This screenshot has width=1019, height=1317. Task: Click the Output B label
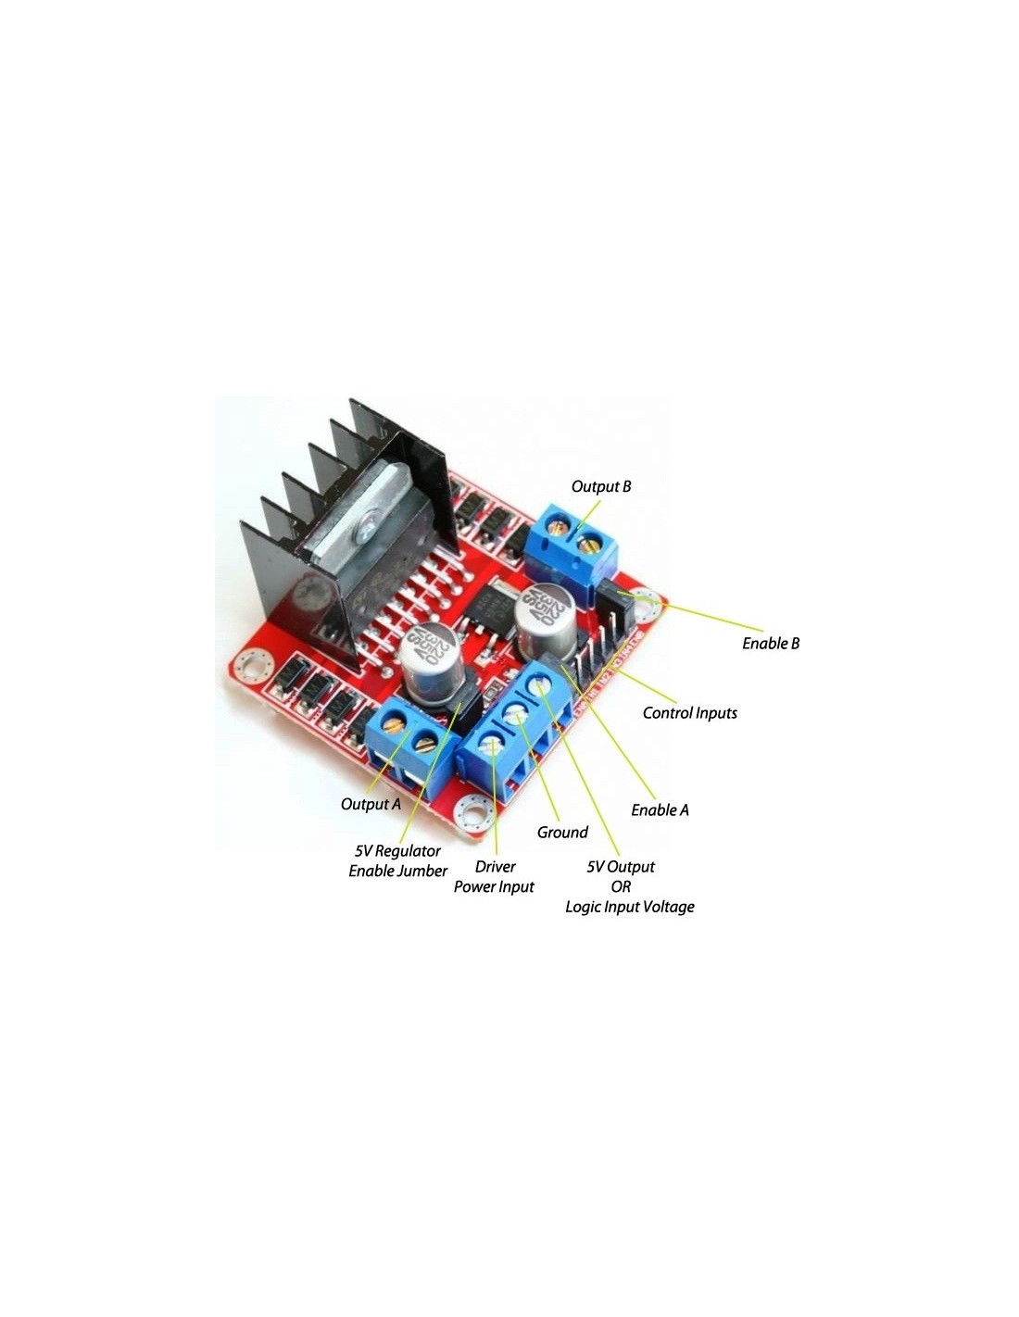point(600,486)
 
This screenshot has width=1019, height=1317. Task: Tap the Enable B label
point(771,643)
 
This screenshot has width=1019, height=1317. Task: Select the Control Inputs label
point(689,713)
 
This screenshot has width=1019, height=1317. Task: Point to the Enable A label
point(660,809)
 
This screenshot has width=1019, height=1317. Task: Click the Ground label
point(562,832)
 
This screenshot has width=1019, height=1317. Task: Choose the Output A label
point(371,804)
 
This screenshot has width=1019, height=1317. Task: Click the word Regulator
point(408,851)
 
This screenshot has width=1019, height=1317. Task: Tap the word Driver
point(496,867)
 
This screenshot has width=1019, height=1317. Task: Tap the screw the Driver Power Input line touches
point(492,742)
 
